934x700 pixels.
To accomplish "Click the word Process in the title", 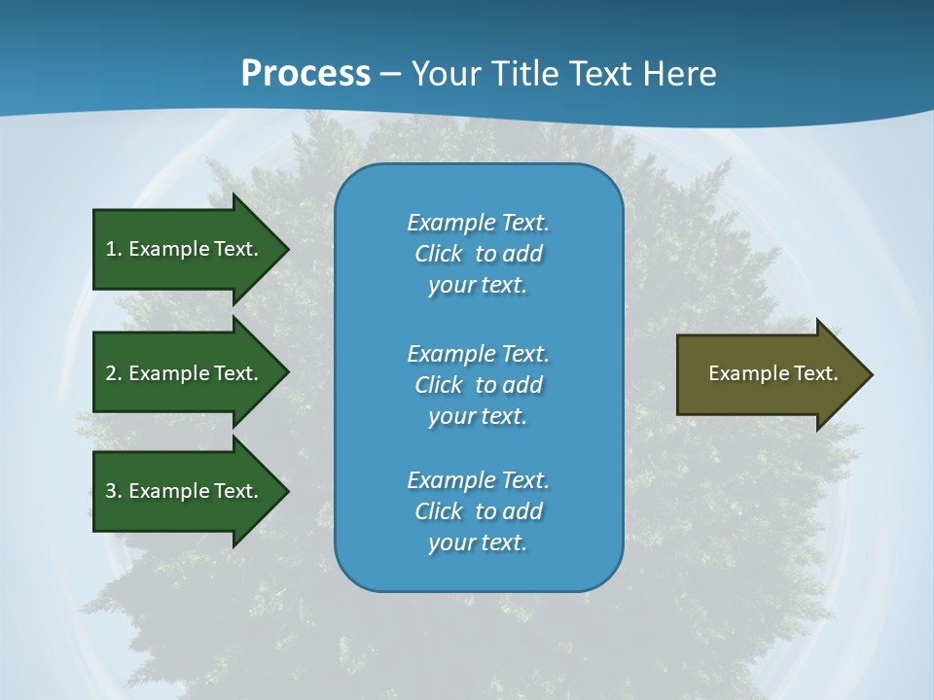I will [305, 74].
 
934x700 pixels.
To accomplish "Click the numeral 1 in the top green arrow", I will [111, 249].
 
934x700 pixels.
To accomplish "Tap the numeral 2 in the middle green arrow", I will [111, 373].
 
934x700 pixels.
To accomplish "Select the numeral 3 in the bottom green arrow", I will [111, 491].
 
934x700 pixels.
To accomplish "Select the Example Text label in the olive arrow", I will [773, 373].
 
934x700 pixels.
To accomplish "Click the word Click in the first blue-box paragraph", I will [439, 254].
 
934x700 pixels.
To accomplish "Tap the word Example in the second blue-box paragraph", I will [450, 353].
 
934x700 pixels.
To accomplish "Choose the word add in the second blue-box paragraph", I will [523, 385].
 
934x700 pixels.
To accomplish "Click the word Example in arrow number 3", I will [168, 491].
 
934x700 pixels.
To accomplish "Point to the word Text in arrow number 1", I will [235, 249].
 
